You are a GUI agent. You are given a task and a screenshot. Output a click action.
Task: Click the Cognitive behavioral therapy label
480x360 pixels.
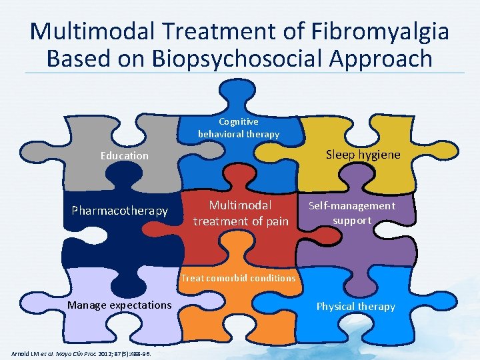(x=239, y=128)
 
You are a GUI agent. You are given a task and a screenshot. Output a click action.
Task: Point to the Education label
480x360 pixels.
(x=125, y=155)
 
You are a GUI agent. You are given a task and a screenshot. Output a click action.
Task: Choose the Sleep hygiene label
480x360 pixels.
(x=363, y=155)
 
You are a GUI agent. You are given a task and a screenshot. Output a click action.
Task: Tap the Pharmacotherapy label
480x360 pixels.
(x=120, y=211)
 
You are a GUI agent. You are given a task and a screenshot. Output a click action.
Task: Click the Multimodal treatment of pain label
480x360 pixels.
(x=241, y=213)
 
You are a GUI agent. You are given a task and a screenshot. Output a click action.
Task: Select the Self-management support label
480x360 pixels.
(x=351, y=213)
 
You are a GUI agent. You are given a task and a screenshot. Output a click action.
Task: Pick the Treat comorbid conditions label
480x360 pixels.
(x=238, y=277)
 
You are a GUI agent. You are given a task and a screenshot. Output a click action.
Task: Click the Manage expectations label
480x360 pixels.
(x=119, y=305)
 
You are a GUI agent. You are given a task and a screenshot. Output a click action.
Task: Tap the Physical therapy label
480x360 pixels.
(x=355, y=306)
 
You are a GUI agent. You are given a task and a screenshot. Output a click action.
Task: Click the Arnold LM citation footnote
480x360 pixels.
(x=81, y=353)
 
